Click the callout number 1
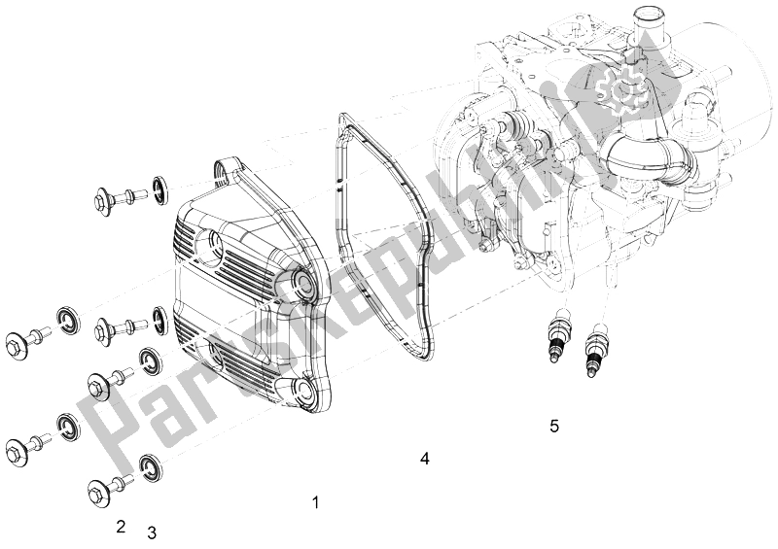pyautogui.click(x=314, y=502)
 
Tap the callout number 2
pyautogui.click(x=121, y=527)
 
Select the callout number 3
pyautogui.click(x=151, y=532)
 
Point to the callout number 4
pyautogui.click(x=425, y=458)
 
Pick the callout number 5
pyautogui.click(x=554, y=426)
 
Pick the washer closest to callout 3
pyautogui.click(x=151, y=465)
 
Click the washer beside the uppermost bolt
pyautogui.click(x=159, y=186)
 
